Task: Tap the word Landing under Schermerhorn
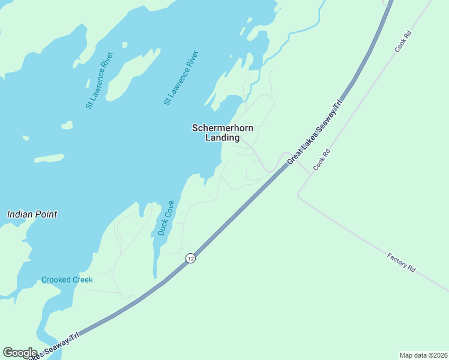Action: click(x=222, y=137)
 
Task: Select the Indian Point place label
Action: click(x=32, y=214)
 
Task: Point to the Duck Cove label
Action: click(x=166, y=218)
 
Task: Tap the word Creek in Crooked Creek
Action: click(x=82, y=280)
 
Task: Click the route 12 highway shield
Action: click(x=190, y=258)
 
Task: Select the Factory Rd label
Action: click(x=401, y=263)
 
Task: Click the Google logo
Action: click(x=20, y=353)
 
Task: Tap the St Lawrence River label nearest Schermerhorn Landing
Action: click(x=181, y=78)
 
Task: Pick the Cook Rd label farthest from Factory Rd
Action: click(x=403, y=42)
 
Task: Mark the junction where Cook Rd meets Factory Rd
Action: click(x=298, y=196)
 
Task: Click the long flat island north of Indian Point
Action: click(x=49, y=159)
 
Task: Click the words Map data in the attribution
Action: click(x=412, y=355)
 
